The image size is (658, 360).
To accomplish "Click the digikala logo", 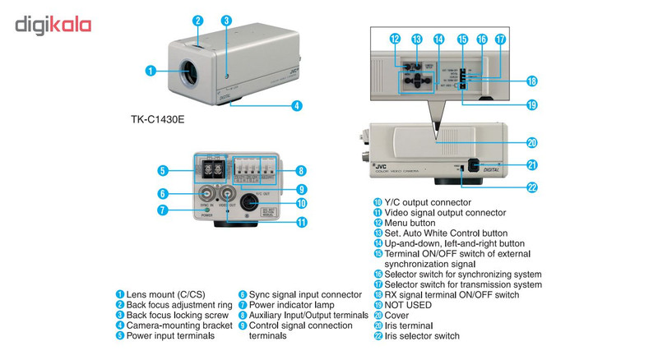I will click(53, 25).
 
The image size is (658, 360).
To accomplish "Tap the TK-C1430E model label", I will click(158, 119).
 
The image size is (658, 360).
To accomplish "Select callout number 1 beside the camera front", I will click(151, 71).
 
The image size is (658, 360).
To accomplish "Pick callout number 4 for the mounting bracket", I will click(296, 106).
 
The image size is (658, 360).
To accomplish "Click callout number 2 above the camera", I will click(197, 20).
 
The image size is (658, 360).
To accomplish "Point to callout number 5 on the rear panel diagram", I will click(164, 170).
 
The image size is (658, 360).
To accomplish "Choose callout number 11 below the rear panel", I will click(302, 222).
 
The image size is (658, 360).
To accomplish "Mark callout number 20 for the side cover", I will click(532, 142).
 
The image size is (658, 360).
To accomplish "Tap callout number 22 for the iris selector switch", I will click(532, 187).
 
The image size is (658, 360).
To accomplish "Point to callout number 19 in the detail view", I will click(532, 104).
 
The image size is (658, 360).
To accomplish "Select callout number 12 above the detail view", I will click(395, 39).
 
